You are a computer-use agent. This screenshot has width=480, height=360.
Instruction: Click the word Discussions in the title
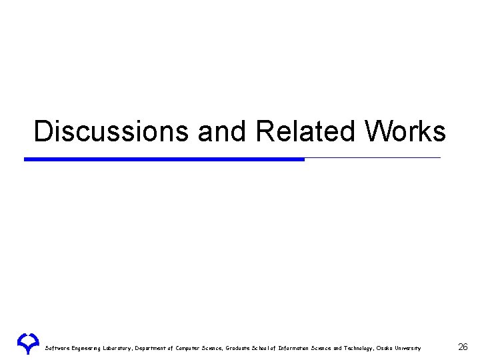tap(112, 131)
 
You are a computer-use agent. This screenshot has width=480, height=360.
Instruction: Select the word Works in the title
tap(405, 131)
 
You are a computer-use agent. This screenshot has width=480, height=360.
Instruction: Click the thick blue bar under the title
tap(164, 159)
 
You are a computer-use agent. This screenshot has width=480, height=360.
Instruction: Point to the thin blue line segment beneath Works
tap(373, 158)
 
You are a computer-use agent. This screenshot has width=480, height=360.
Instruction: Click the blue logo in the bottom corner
tap(29, 343)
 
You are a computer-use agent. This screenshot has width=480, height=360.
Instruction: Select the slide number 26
tap(463, 347)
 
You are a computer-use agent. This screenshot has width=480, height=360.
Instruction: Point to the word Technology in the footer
tap(357, 348)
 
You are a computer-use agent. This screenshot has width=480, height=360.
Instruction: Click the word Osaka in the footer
tap(385, 348)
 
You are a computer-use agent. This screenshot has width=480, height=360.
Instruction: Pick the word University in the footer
tap(408, 348)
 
